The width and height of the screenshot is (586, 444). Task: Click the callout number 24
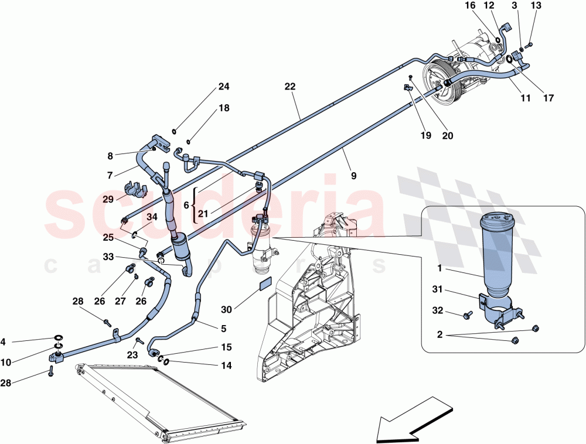pos(224,87)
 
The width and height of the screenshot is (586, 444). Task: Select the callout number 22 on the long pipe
pos(289,86)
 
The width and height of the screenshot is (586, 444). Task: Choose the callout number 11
pos(525,98)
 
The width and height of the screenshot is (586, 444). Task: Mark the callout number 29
pos(108,199)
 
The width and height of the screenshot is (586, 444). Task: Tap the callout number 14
pos(226,366)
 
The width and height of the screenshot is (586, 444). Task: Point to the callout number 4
pos(3,341)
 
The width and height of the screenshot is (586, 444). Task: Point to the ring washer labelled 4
pos(59,338)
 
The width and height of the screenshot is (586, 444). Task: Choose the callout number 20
pos(447,135)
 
